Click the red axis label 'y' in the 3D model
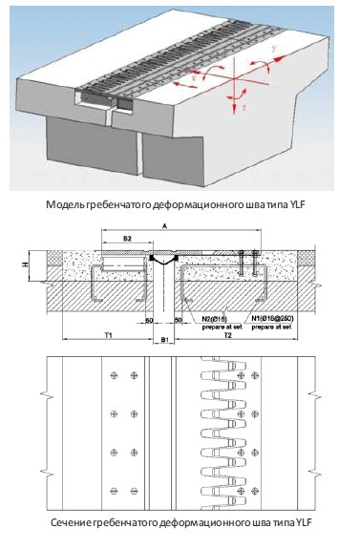[x=272, y=46]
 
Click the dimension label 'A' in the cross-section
[x=166, y=226]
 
